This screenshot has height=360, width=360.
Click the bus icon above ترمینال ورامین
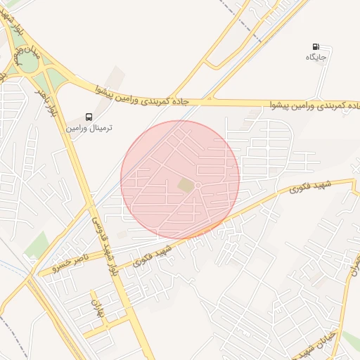[89, 117]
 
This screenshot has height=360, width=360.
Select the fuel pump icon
[316, 46]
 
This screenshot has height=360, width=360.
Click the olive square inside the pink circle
[186, 185]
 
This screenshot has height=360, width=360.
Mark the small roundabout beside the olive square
[198, 186]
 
